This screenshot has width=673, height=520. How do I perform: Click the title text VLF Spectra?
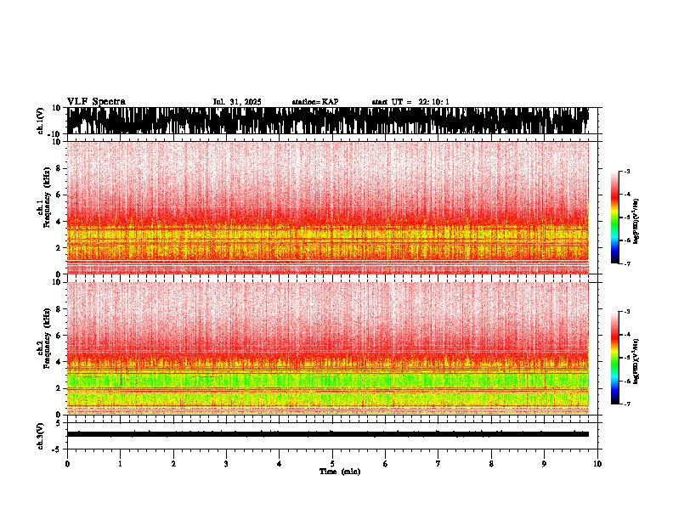tap(96, 102)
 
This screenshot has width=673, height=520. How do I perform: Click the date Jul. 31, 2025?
tap(237, 102)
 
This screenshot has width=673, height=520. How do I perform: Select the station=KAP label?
tap(315, 102)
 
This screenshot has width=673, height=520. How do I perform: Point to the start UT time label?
tap(410, 102)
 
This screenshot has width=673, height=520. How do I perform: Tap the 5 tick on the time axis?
tap(332, 464)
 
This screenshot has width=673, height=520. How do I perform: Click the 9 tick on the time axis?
tap(545, 464)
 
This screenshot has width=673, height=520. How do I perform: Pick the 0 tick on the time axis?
tap(67, 464)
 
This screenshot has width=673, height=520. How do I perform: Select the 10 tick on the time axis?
tap(598, 464)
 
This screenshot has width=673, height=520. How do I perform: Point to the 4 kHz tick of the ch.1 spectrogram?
tap(59, 222)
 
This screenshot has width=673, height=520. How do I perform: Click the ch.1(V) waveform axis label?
tap(40, 121)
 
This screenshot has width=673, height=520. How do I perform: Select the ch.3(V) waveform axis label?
tap(40, 432)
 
